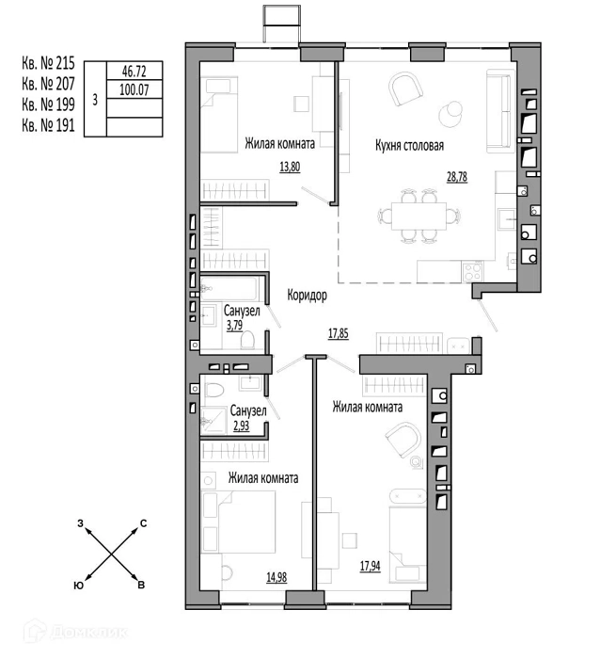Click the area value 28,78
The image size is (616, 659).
457,177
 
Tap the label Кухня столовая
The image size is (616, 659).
409,146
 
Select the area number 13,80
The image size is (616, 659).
290,167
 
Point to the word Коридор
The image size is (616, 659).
307,295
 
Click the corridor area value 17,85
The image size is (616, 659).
338,333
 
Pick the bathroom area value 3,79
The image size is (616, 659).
235,326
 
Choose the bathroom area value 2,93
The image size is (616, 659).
241,426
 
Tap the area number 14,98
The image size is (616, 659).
276,577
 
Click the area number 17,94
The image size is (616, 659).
370,566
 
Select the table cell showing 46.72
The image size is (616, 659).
134,71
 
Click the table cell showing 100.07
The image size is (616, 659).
134,89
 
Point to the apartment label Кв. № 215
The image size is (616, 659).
48,63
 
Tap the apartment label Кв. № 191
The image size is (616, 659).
48,125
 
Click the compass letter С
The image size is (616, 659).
143,523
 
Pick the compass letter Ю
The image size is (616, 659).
78,586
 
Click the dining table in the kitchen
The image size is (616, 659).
419,216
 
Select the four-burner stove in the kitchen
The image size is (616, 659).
472,271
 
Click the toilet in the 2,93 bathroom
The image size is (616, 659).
214,390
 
